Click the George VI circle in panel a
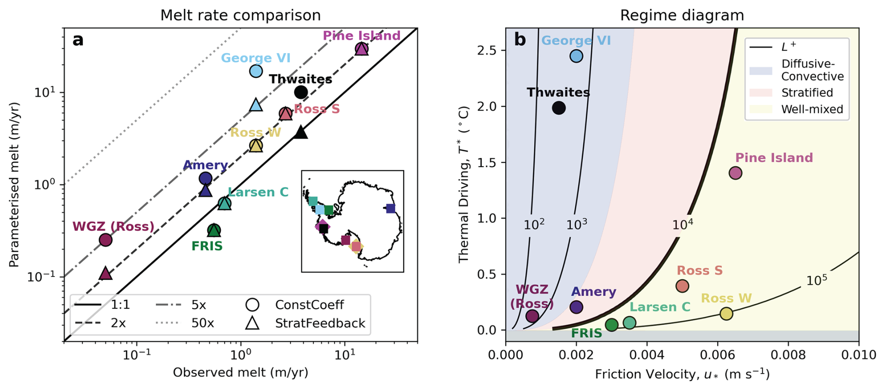click(256, 71)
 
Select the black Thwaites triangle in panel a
click(301, 133)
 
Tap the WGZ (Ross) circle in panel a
click(106, 240)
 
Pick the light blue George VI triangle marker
click(256, 105)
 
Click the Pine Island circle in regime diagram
click(735, 173)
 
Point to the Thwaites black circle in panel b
click(559, 108)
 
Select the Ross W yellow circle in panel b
click(726, 313)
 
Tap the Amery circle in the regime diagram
click(576, 307)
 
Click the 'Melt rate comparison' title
click(240, 15)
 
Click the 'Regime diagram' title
click(682, 15)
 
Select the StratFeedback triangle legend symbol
click(253, 323)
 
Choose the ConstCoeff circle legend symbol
click(253, 305)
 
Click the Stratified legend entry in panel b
click(807, 92)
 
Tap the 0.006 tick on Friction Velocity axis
click(718, 355)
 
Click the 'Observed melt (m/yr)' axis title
click(240, 373)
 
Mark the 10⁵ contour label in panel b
click(816, 280)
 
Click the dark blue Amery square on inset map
click(391, 208)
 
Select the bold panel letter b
click(520, 40)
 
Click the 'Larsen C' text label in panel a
click(258, 192)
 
